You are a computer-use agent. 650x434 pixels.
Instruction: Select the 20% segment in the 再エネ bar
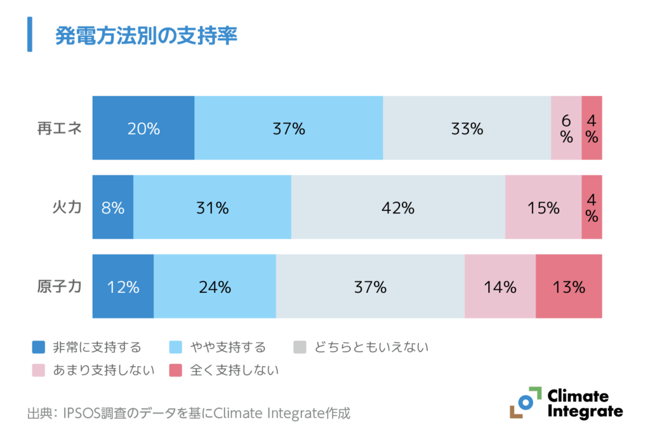pos(143,128)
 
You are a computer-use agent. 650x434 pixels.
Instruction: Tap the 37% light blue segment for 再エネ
pos(289,128)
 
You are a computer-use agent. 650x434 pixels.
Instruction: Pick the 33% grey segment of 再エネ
pos(467,128)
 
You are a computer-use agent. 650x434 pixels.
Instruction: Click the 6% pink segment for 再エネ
pos(566,128)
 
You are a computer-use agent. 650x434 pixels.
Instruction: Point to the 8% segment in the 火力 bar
pos(113,208)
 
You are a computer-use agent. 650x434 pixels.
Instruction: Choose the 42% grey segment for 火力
pos(398,208)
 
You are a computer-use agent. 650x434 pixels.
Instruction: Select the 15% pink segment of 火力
pos(543,208)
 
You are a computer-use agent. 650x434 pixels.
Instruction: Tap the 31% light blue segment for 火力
pos(212,208)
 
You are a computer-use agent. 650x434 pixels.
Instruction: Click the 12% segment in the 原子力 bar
pos(123,287)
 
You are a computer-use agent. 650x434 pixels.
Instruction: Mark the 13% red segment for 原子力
pos(569,287)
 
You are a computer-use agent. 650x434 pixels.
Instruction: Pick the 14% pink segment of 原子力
pos(500,287)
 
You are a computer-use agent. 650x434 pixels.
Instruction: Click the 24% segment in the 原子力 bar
pos(215,287)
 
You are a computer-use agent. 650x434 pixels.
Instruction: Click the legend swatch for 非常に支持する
pos(39,347)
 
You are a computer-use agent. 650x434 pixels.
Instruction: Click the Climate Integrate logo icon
pos(525,402)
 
